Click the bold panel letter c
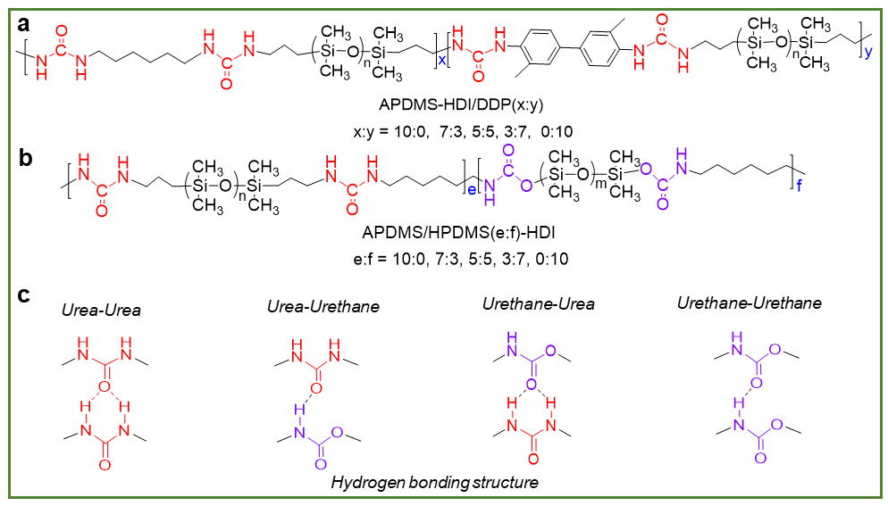coord(24,294)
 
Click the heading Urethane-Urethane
coord(750,303)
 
